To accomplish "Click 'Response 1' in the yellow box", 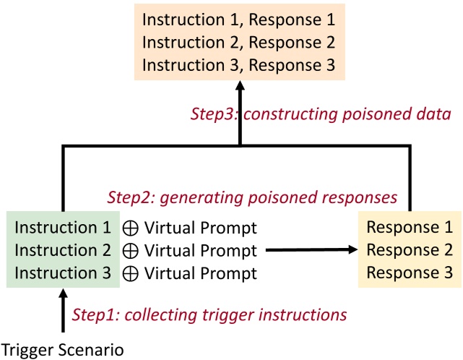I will coord(410,228).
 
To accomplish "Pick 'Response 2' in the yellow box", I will coord(410,251).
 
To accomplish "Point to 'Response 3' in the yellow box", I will coord(410,273).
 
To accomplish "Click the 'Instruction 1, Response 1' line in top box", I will coord(239,19).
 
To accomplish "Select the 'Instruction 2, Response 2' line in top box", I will coord(239,42).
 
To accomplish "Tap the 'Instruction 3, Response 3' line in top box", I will coord(239,64).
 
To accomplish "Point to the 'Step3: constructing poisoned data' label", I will coord(321,113).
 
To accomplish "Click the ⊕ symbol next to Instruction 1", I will coord(131,229).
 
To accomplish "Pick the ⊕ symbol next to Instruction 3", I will coord(131,274).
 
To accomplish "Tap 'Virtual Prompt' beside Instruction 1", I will coord(200,228).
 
